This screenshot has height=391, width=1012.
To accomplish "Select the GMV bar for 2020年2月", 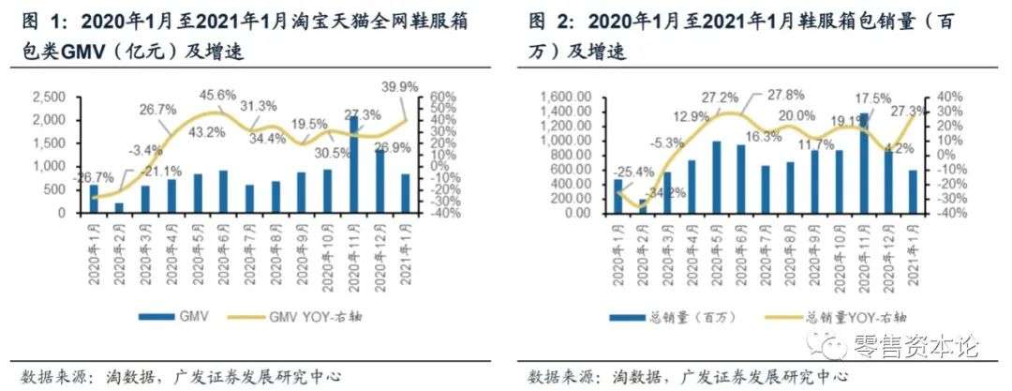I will pos(118,207).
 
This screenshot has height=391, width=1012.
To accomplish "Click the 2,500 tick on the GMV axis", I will pos(49,98).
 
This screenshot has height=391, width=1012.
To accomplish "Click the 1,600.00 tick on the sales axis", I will pos(564,98).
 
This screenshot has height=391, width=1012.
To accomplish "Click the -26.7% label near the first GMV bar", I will pos(94,177).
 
